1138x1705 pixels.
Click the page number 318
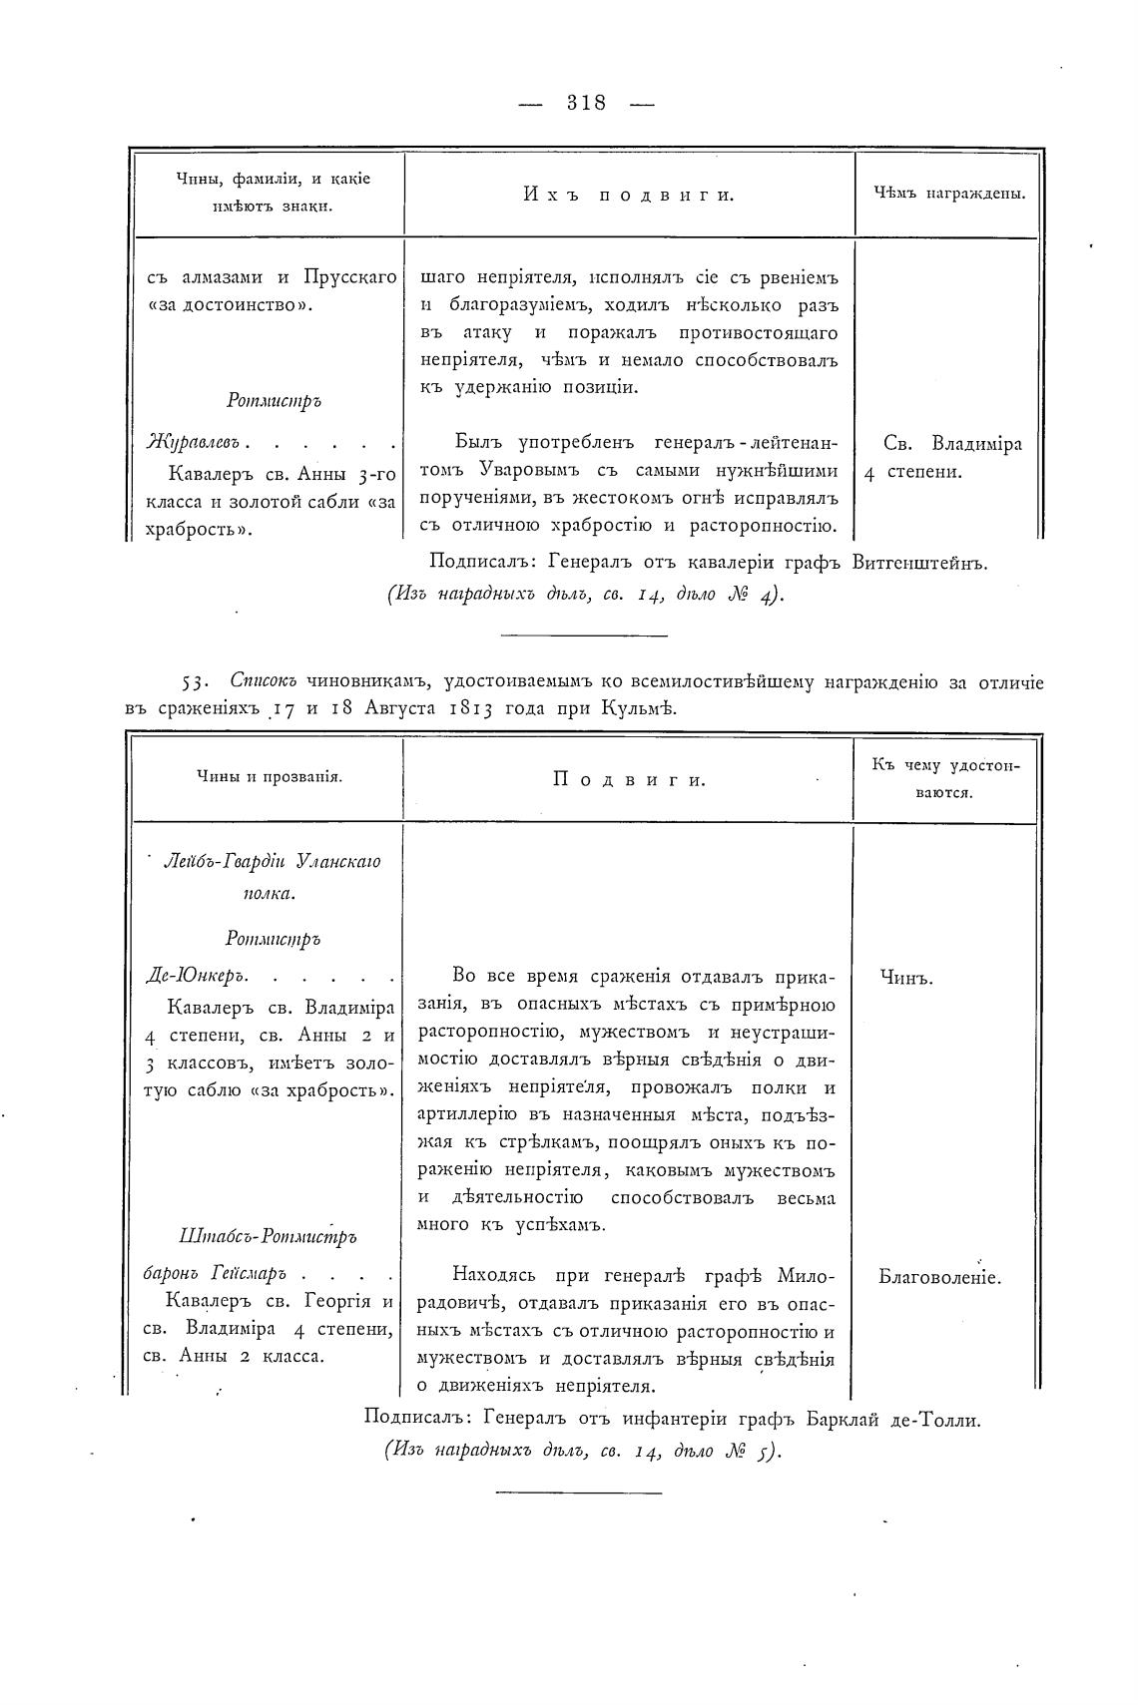point(586,102)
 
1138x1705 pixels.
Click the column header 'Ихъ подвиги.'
point(629,195)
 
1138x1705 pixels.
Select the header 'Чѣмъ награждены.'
point(949,195)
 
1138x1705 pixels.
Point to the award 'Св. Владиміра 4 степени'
point(943,457)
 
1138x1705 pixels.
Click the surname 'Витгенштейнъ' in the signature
point(919,563)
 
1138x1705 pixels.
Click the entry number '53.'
point(193,682)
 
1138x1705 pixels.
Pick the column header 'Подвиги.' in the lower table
point(629,779)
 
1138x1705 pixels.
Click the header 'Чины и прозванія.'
point(270,777)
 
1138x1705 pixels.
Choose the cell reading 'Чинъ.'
point(905,978)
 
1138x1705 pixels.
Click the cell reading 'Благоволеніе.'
point(940,1276)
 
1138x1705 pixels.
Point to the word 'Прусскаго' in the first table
point(349,276)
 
